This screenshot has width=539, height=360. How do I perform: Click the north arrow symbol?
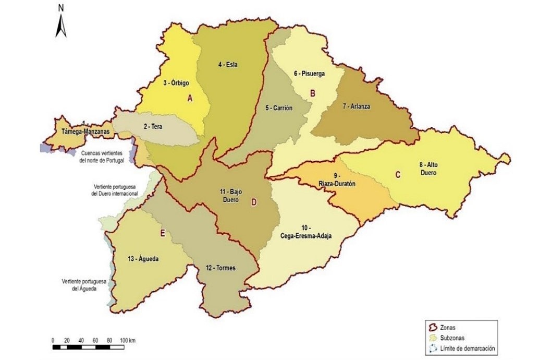point(61,22)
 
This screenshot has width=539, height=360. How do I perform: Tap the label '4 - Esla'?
point(228,65)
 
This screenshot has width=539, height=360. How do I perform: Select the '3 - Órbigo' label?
point(176,82)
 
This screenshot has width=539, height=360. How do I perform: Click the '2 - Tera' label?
point(152,126)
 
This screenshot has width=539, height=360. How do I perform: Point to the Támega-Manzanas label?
point(85,131)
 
